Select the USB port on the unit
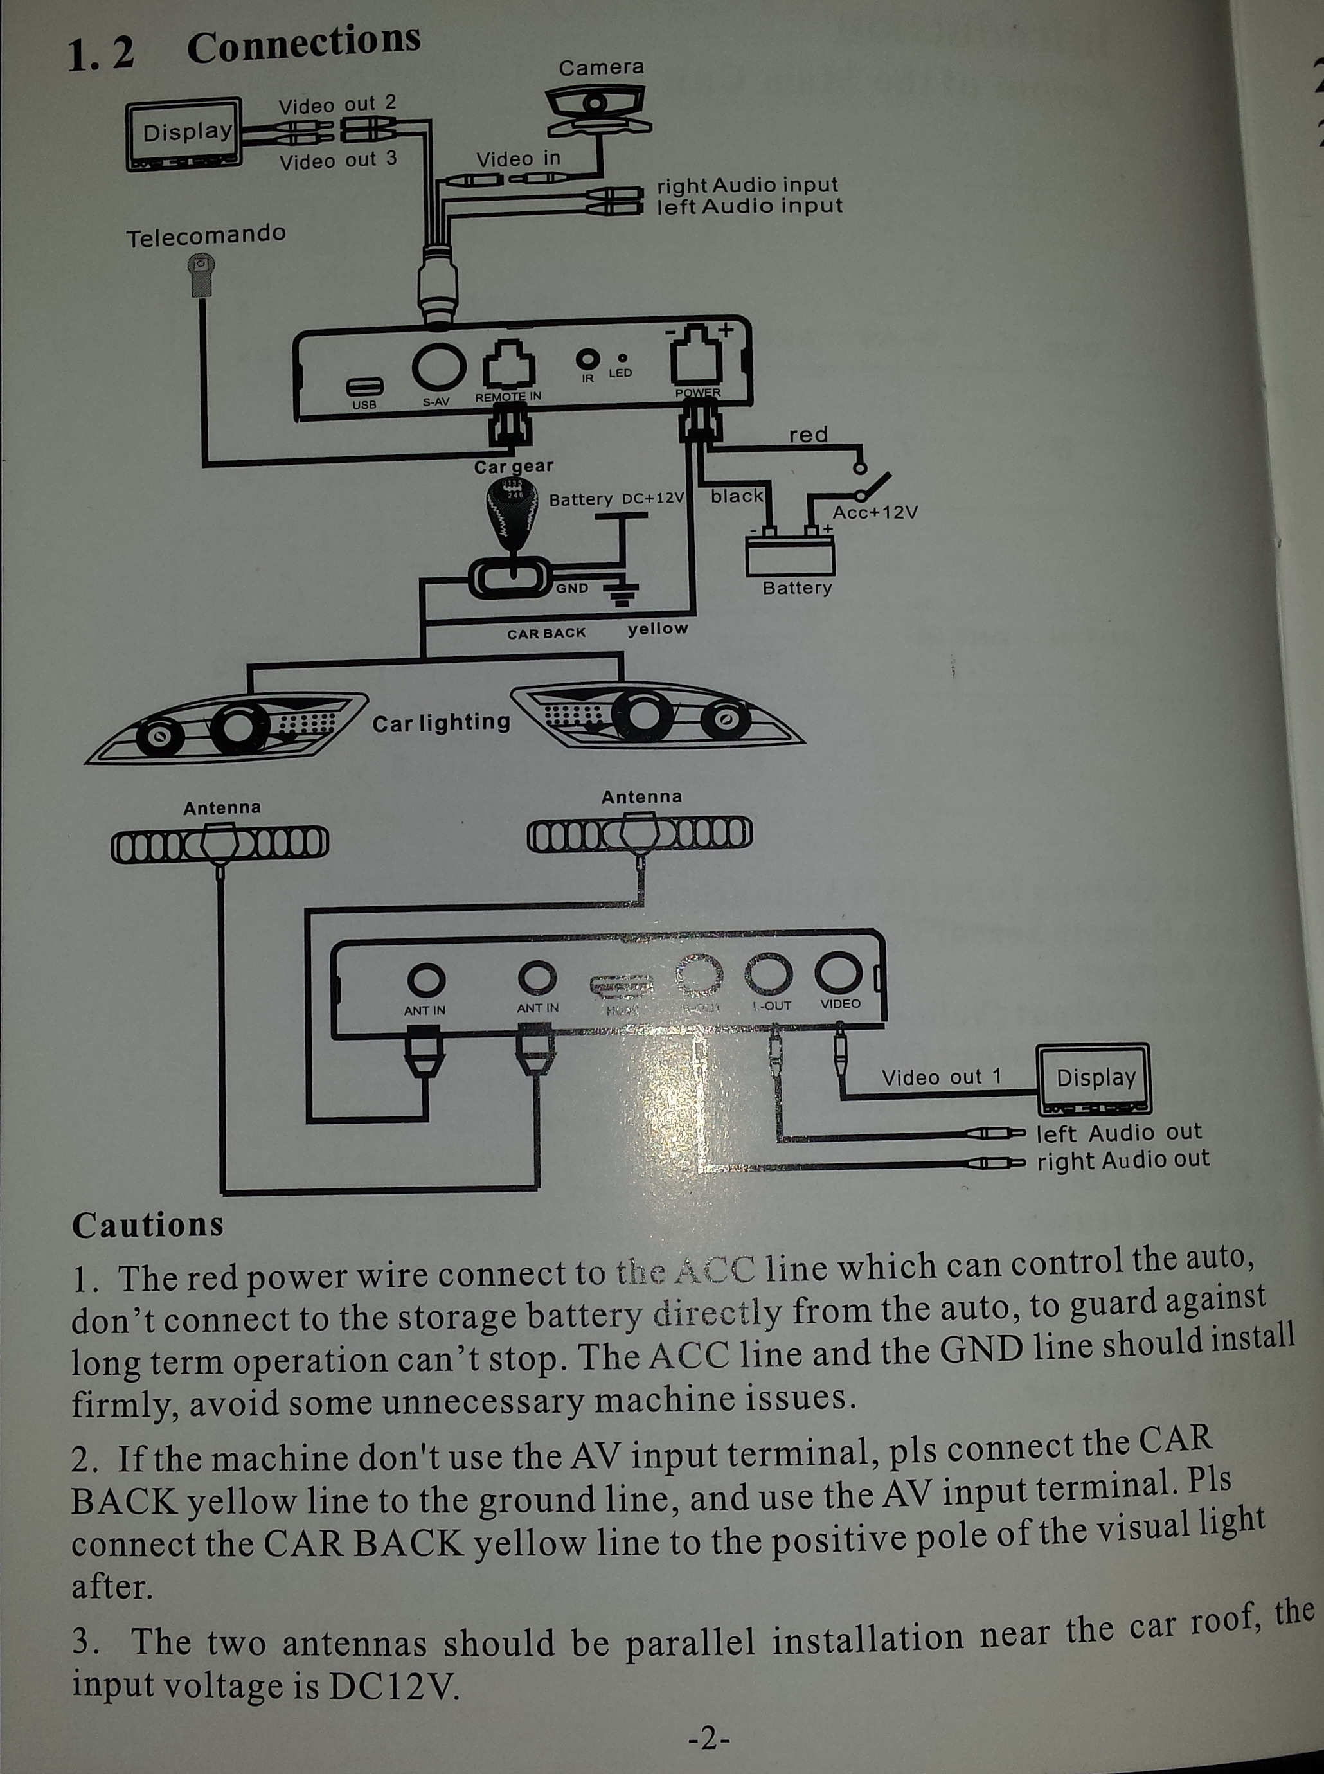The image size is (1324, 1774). [x=364, y=386]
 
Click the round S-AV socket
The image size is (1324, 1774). [x=438, y=364]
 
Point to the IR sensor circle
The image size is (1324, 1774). [x=589, y=358]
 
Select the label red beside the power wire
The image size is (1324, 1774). [x=808, y=435]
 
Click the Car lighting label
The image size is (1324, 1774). [x=441, y=722]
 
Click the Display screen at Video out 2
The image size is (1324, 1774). [x=185, y=133]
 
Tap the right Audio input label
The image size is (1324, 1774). [x=747, y=184]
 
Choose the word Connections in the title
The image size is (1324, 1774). [x=304, y=44]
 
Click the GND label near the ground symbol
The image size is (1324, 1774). [x=572, y=588]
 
